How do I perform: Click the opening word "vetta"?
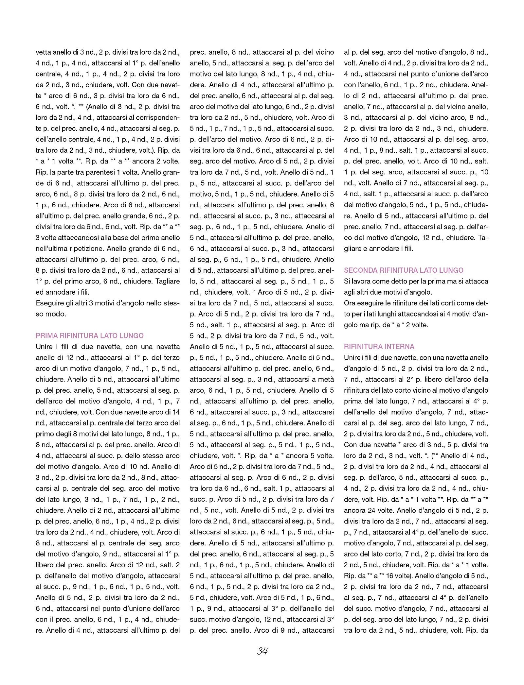[x=43, y=52]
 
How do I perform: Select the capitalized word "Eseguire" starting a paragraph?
[x=49, y=303]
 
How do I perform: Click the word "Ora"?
[x=350, y=303]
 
